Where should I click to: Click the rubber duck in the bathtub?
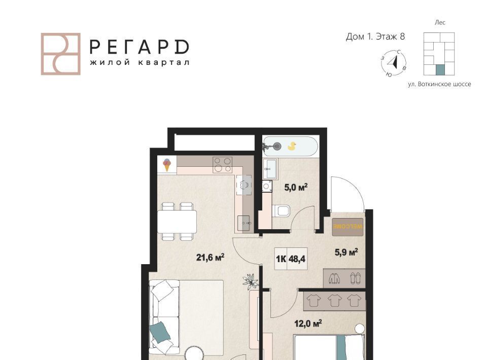pos(292,146)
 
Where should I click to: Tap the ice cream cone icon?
pos(167,165)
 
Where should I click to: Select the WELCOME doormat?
pos(347,227)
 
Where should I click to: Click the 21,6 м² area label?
pos(210,257)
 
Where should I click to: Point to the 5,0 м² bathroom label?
pos(296,187)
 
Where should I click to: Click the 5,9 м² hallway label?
pos(346,252)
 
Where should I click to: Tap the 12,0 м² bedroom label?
pos(308,323)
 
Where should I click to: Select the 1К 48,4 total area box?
pos(291,259)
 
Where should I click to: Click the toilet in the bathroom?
pos(281,211)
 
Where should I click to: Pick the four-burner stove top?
pos(222,165)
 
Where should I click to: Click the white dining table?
pos(177,222)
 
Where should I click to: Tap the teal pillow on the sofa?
pos(160,332)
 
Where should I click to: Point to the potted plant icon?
pos(250,281)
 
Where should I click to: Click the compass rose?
pos(394,63)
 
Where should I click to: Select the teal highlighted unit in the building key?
pos(440,70)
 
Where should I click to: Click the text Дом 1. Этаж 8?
pos(375,37)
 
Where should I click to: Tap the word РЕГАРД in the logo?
pos(139,47)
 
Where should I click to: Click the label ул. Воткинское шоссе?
pos(439,84)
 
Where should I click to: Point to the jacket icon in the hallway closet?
pos(334,278)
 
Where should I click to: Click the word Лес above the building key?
pos(440,22)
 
